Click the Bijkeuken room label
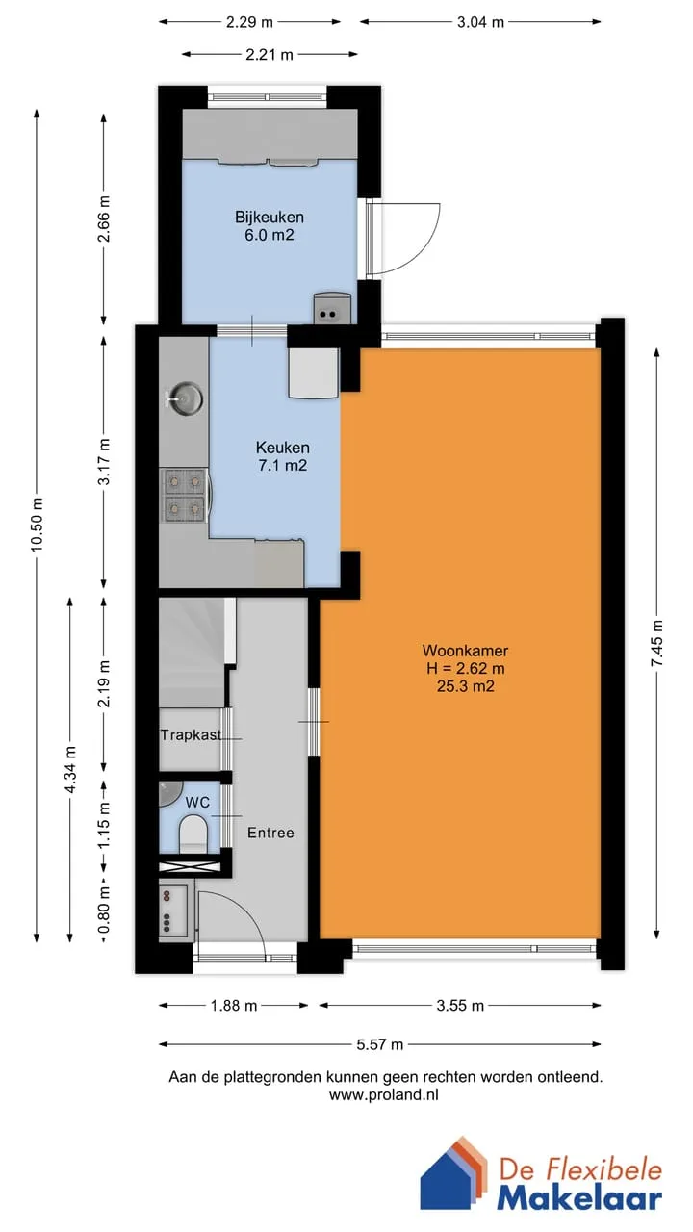(269, 217)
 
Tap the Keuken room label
(283, 448)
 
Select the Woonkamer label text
(465, 650)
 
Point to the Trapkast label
(191, 734)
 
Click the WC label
(197, 802)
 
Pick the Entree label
(270, 833)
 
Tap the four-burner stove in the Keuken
(185, 495)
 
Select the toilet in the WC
(193, 834)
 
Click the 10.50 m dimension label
(37, 525)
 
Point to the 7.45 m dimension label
(657, 643)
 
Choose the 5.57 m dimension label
(380, 1044)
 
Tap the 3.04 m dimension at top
(480, 22)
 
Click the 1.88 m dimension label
(234, 1006)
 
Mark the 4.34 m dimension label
(70, 769)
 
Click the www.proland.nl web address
(384, 1094)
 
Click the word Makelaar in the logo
(579, 1198)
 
